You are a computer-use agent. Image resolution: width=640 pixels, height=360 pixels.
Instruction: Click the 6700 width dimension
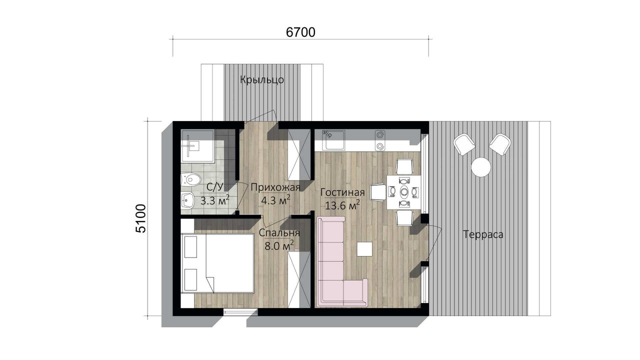click(300, 32)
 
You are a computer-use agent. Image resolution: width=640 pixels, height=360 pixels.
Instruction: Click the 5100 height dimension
click(141, 218)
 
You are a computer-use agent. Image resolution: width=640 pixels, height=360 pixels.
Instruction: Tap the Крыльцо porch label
click(262, 79)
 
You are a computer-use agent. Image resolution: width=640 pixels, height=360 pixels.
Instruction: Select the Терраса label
click(483, 234)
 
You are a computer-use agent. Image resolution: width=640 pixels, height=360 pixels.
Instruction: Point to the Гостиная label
click(342, 192)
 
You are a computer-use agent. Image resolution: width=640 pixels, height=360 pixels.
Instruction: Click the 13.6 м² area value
click(342, 205)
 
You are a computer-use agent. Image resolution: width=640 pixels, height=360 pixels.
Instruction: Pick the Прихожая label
click(275, 187)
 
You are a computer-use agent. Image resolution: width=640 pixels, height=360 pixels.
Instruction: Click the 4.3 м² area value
click(275, 200)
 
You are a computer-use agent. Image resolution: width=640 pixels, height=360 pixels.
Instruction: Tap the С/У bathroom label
click(215, 187)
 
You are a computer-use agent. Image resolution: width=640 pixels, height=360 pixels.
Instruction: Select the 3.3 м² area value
click(215, 200)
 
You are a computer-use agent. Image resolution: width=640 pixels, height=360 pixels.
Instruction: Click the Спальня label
click(279, 233)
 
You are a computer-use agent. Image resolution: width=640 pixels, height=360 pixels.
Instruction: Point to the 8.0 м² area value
click(279, 245)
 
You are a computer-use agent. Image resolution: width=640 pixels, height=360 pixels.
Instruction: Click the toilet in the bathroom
click(191, 179)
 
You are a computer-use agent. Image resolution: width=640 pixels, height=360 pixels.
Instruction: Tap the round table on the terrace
click(481, 167)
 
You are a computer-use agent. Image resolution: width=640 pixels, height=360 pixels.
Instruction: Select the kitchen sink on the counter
click(333, 140)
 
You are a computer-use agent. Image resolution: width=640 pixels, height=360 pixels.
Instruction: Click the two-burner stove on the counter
click(380, 140)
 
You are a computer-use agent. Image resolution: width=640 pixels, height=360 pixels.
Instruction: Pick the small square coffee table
click(364, 249)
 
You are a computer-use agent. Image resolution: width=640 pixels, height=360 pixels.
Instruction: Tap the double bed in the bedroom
click(217, 263)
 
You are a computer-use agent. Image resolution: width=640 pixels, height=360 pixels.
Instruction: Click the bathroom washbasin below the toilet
click(187, 199)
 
